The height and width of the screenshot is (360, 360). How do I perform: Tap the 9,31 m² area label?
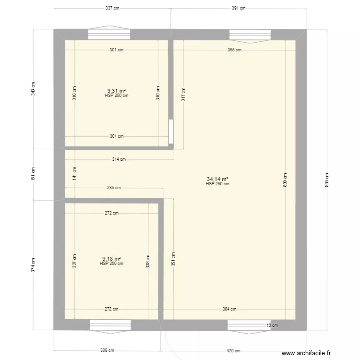117,90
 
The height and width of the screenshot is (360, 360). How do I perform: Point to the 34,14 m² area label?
217,179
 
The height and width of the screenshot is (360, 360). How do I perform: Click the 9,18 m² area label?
111,258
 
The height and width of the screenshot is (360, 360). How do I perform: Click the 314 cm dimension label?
119,159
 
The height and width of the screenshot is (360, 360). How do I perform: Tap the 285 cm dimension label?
114,188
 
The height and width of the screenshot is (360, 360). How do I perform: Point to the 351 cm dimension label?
173,260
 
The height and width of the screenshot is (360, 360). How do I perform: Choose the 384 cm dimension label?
229,309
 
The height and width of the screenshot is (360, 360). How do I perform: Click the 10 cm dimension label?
272,325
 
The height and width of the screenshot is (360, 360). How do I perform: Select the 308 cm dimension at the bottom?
107,351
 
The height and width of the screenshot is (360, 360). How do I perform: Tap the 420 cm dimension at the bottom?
233,351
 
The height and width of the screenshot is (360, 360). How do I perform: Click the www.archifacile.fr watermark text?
307,353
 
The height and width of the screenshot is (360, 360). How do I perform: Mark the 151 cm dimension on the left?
33,173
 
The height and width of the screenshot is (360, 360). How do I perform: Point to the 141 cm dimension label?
74,173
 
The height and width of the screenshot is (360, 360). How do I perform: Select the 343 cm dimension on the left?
33,88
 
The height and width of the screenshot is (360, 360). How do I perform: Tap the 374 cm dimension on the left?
33,264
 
